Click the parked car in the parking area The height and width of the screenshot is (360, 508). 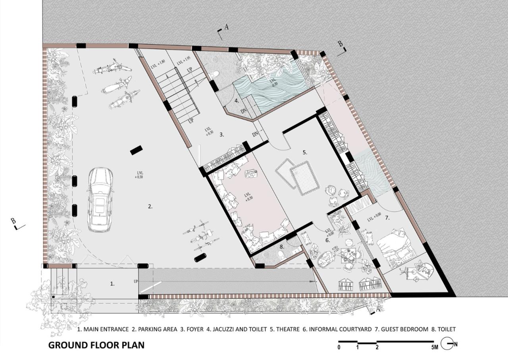(100, 199)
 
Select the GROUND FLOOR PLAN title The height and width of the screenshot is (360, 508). (96, 345)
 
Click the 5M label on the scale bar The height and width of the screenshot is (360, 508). (435, 348)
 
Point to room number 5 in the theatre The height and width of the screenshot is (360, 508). (305, 152)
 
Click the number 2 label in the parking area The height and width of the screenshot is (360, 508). (150, 206)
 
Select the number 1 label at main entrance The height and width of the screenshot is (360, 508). (112, 283)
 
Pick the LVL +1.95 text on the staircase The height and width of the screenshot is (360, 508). (184, 62)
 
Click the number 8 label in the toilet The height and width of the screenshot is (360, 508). (281, 246)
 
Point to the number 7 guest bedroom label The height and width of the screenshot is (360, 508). (387, 218)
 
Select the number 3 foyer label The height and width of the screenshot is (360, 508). (222, 135)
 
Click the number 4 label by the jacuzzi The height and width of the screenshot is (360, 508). (237, 100)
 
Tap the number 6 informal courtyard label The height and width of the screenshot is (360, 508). (327, 240)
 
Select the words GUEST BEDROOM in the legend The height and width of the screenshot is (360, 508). (401, 329)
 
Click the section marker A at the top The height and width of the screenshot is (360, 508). (226, 27)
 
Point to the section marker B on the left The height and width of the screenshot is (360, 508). (13, 221)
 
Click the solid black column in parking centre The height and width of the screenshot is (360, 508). (136, 150)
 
